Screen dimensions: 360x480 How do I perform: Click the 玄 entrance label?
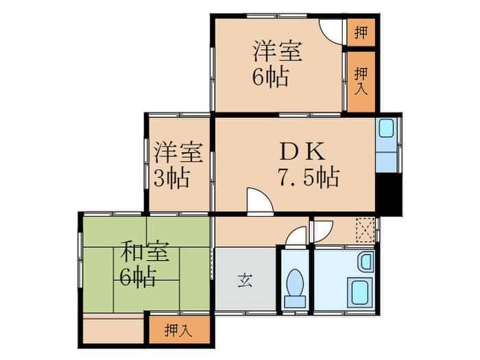click(x=245, y=279)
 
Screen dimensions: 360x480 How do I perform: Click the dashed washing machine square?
click(x=365, y=229)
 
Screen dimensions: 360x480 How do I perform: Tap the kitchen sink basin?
click(x=386, y=129)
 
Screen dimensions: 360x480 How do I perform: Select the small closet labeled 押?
click(x=361, y=32)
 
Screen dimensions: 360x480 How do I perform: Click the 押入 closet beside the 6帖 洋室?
click(x=361, y=81)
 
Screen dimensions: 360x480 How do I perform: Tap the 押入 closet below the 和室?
click(x=180, y=331)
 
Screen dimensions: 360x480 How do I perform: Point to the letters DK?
click(x=296, y=151)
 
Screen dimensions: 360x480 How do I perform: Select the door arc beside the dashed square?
click(x=322, y=229)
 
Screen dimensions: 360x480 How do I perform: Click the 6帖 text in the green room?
click(x=137, y=278)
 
